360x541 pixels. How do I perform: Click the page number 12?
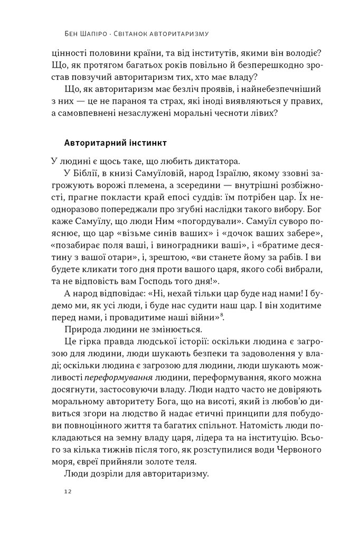tap(67, 491)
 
